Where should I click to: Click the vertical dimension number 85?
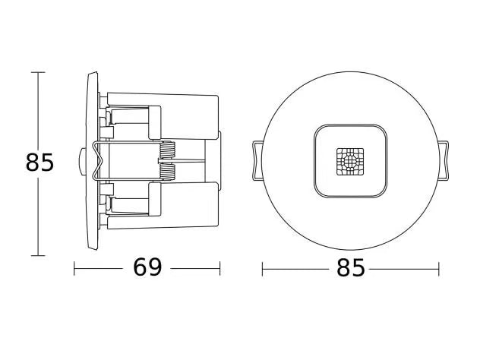39,163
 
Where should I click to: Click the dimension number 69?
147,267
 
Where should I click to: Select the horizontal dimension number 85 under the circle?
351,268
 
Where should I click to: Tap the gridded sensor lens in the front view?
350,162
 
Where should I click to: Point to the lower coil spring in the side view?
168,171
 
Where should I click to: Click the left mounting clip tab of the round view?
257,161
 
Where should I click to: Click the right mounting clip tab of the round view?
444,161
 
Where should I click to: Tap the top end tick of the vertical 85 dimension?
38,73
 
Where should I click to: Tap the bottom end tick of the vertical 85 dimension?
38,255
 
